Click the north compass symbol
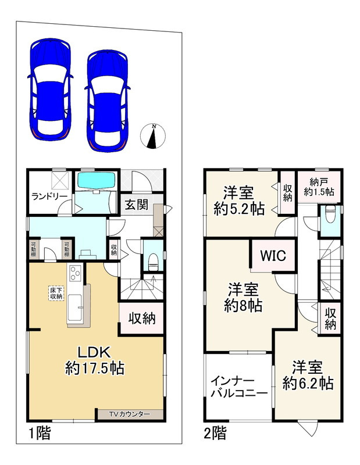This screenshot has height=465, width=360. pos(153,136)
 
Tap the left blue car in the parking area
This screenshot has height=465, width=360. pos(51,90)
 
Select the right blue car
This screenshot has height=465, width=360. pos(108,101)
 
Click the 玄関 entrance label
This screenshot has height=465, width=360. pos(136,205)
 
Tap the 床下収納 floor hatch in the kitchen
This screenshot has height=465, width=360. pos(56,293)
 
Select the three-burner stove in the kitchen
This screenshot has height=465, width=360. pos(75,273)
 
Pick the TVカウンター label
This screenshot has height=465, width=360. pos(129,414)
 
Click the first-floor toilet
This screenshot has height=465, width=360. pos(153,261)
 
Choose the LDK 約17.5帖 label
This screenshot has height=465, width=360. pos(94,360)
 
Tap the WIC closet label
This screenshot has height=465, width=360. pos(273,255)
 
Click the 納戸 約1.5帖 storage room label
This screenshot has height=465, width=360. pos(319,187)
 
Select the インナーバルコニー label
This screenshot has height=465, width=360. pos(239,387)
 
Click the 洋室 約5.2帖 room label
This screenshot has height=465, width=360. pos(239,201)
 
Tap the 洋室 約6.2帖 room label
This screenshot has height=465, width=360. pos(308,375)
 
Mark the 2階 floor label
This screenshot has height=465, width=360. pos(215,433)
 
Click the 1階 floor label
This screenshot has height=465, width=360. pos(40,433)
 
